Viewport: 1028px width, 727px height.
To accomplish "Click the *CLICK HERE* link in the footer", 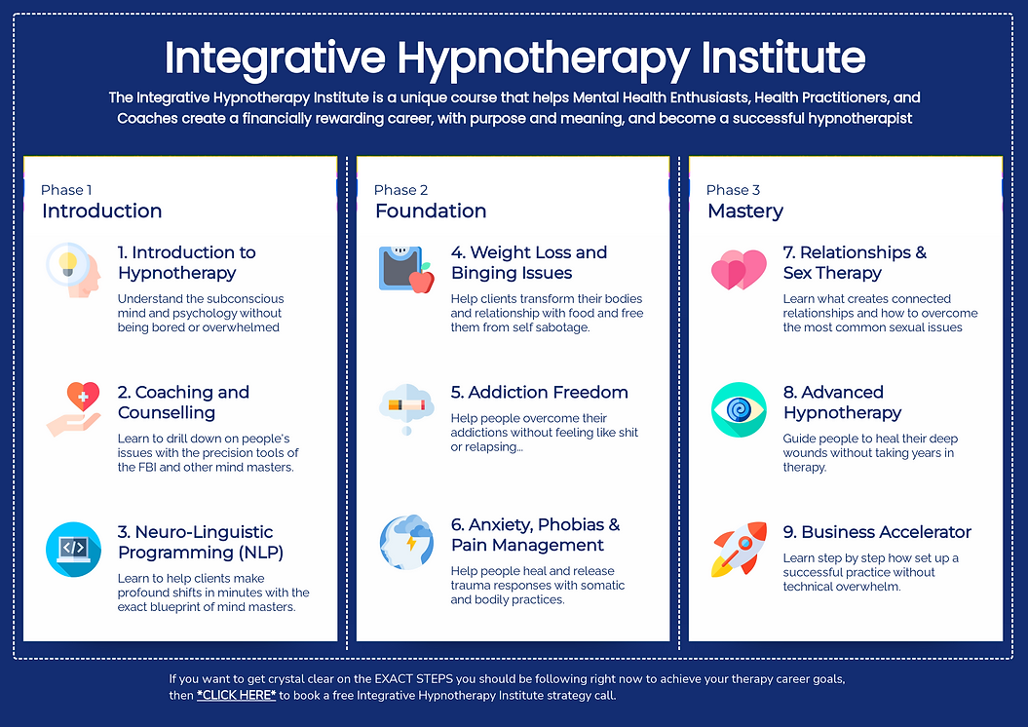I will [236, 696].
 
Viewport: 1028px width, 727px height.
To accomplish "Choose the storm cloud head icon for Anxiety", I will [406, 543].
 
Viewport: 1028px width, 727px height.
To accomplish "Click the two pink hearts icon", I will [739, 270].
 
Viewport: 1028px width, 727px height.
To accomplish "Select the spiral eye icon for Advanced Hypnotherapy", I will [739, 409].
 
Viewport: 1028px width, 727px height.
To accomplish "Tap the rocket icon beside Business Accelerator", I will [739, 550].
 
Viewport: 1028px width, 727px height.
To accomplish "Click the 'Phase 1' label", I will [66, 190].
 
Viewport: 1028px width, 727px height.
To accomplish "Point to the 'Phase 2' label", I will [400, 190].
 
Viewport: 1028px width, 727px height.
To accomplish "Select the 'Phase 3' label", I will [733, 190].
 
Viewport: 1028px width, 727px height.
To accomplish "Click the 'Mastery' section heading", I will [745, 211].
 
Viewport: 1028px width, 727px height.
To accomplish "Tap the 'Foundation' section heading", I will [431, 211].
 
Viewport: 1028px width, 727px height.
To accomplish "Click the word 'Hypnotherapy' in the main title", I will [545, 58].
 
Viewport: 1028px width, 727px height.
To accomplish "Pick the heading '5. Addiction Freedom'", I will [539, 393].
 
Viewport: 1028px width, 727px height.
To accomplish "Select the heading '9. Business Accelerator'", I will [877, 532].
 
